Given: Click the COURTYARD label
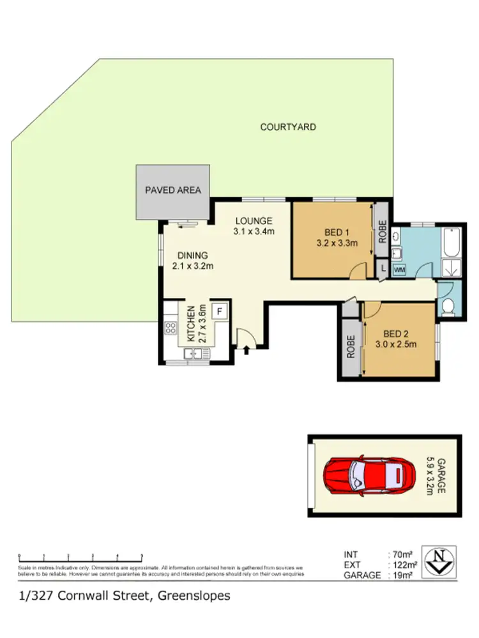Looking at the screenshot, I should tap(287, 127).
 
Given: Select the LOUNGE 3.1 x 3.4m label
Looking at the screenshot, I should tap(254, 227).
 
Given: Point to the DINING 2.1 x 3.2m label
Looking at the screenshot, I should tap(192, 261).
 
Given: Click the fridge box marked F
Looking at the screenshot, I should tap(220, 311).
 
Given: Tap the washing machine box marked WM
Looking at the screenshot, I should tap(399, 270).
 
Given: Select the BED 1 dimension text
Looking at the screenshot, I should tap(336, 243).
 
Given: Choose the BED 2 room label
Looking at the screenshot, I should tap(395, 333).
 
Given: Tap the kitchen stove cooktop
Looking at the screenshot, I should tap(171, 328).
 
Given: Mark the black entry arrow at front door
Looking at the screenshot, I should tap(247, 349).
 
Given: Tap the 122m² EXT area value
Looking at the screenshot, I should tap(405, 565).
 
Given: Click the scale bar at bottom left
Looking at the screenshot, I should tap(80, 556).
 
